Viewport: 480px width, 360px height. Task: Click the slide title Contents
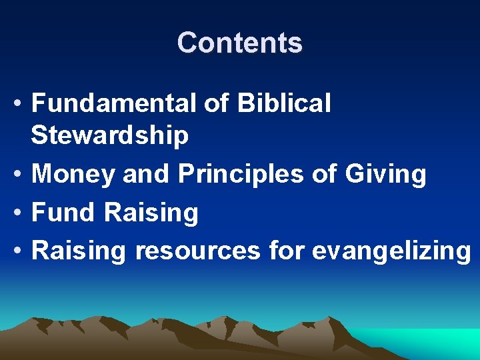pos(239,43)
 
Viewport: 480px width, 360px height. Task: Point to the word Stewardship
pos(110,135)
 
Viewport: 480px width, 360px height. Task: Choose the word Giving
pos(386,174)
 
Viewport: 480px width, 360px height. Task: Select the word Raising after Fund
pos(151,213)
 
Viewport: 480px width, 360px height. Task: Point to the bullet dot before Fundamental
pos(19,104)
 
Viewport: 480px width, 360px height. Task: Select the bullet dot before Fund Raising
pos(19,213)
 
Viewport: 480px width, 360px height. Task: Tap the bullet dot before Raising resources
pos(19,252)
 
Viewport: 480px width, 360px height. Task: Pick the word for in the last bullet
pos(286,251)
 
